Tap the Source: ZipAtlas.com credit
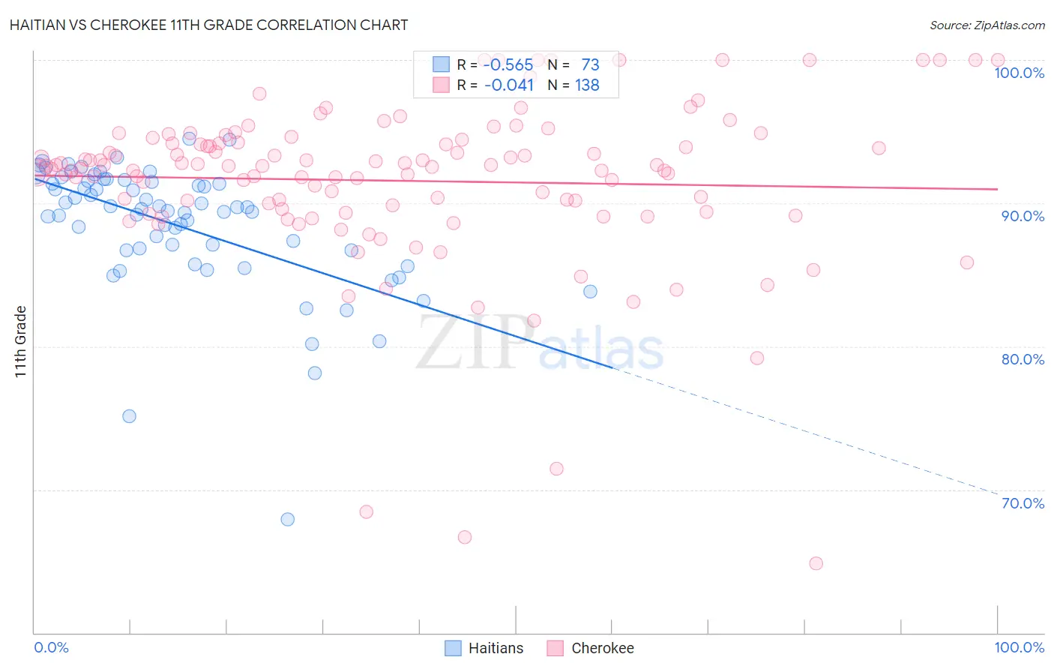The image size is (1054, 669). [x=987, y=25]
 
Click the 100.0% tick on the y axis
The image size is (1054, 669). [x=1019, y=73]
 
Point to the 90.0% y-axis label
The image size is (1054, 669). [x=1023, y=216]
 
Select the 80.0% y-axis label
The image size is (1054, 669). [x=1023, y=359]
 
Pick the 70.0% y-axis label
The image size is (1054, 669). [x=1023, y=503]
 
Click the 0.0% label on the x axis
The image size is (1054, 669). [x=51, y=647]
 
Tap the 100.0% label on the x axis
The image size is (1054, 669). [x=1019, y=647]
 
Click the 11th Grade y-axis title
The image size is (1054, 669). [x=21, y=341]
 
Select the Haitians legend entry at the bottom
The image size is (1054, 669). [x=484, y=648]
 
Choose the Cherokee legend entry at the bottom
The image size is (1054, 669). [x=591, y=648]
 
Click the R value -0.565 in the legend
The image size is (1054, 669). [x=508, y=65]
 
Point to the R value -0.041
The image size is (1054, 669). [x=508, y=85]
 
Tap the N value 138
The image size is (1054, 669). [x=587, y=85]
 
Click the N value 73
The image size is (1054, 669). [x=590, y=65]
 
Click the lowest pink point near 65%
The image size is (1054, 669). [x=816, y=563]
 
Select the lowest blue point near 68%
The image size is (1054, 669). [x=287, y=519]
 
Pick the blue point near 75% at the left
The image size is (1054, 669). [x=129, y=416]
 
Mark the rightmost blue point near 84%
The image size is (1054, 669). [x=590, y=292]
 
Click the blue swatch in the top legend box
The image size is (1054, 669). [x=441, y=65]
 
